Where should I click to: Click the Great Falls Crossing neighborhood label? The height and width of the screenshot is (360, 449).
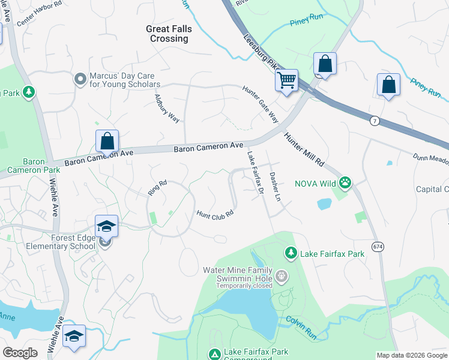[167, 33]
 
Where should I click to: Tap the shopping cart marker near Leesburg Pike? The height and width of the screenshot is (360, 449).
[287, 80]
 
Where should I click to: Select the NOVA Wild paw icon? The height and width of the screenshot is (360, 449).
[345, 181]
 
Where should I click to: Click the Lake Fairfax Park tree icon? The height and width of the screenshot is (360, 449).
[291, 253]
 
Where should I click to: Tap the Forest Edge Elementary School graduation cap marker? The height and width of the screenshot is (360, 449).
[106, 227]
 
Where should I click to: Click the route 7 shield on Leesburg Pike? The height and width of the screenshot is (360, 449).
[375, 121]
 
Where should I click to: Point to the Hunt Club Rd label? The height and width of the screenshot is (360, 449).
[214, 213]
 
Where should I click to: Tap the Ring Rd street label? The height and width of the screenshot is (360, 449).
[157, 188]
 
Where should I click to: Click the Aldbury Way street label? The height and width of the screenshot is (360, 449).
[167, 108]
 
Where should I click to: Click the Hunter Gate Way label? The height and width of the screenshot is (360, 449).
[261, 104]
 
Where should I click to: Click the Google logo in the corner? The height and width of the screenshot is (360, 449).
[20, 353]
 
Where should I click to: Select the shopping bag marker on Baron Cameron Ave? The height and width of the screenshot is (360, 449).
[107, 143]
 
